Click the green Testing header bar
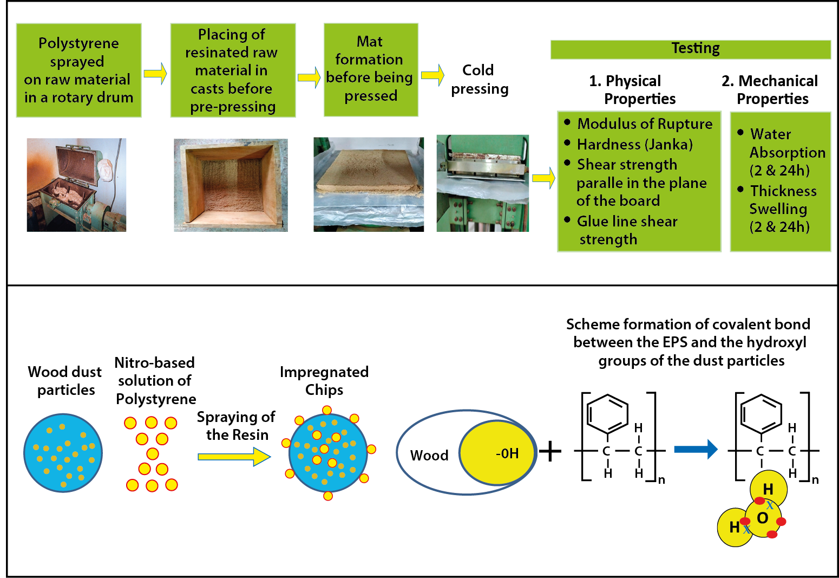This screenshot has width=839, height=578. (x=690, y=49)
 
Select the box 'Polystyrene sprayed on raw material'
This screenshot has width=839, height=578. (x=78, y=70)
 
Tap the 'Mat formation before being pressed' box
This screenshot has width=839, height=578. (x=371, y=69)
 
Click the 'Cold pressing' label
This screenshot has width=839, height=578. (x=479, y=79)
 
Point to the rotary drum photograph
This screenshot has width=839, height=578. (x=76, y=185)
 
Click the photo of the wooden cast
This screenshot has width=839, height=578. (x=231, y=185)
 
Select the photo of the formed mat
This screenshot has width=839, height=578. (x=369, y=184)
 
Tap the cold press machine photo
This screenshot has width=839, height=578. (x=482, y=183)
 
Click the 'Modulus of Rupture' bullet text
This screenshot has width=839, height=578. (x=644, y=124)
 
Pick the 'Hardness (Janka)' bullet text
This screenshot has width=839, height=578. (x=634, y=145)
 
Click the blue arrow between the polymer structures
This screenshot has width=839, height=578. (x=695, y=449)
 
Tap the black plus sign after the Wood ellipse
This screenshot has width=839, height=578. (x=550, y=451)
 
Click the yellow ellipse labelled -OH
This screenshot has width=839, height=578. (x=497, y=453)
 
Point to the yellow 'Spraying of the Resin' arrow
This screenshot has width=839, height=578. (x=234, y=457)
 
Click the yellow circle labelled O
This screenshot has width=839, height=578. (x=763, y=518)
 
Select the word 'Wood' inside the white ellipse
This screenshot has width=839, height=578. (x=429, y=456)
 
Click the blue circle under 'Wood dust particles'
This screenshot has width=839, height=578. (x=63, y=453)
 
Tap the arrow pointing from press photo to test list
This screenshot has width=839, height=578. (x=543, y=178)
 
